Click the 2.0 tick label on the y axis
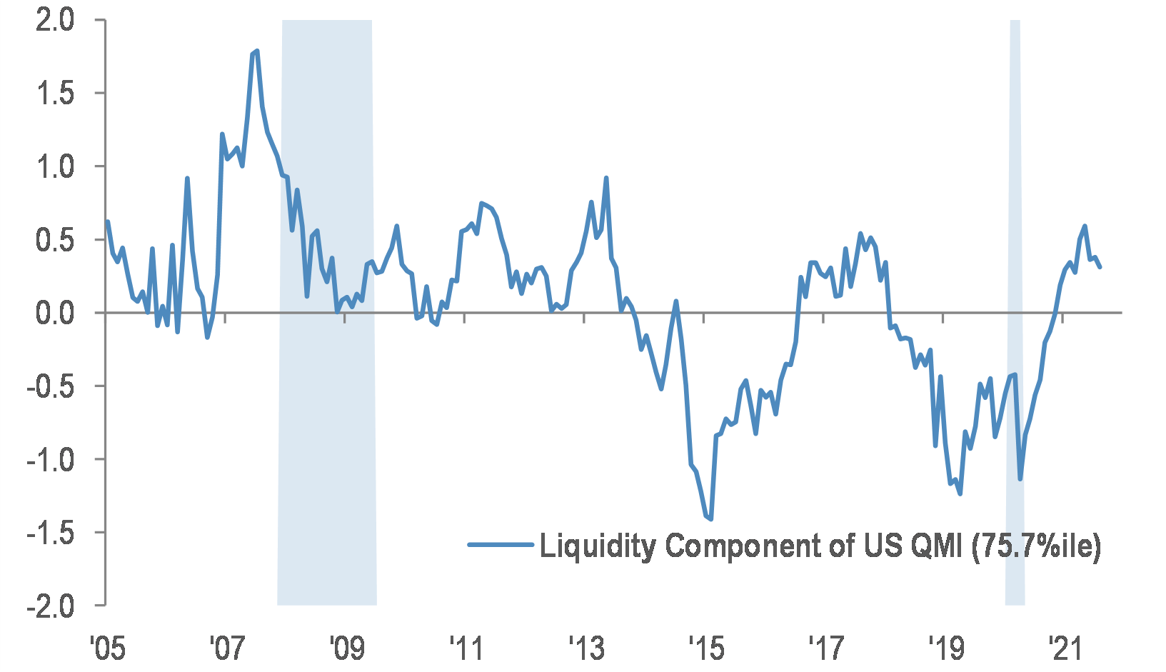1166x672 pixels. [55, 20]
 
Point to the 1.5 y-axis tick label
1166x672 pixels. [55, 94]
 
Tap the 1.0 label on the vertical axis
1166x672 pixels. [55, 166]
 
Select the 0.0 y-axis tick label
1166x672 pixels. [55, 313]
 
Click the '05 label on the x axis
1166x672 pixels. [107, 649]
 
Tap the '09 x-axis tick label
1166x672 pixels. [346, 649]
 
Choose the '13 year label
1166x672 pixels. [586, 649]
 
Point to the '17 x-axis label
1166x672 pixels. [826, 649]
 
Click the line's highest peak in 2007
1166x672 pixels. [256, 51]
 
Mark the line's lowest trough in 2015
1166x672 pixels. [710, 519]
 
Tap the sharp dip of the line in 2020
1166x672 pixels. [1020, 479]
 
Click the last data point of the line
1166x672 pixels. [1100, 267]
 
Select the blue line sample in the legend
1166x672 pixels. [501, 545]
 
